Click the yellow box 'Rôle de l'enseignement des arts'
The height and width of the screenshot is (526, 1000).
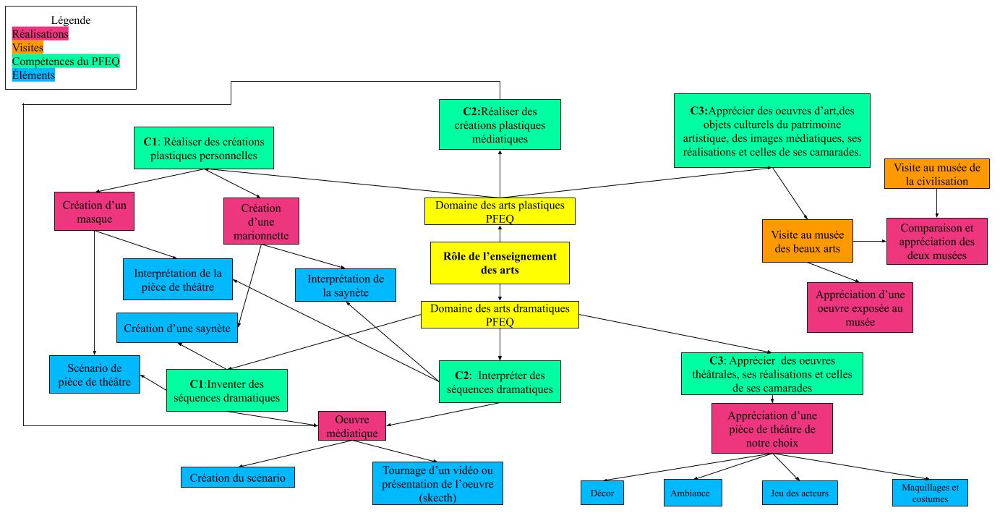[500, 263]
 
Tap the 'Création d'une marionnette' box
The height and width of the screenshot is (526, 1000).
[261, 220]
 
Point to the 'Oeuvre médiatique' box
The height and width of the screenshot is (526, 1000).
[352, 425]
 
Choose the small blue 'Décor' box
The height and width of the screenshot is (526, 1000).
[602, 493]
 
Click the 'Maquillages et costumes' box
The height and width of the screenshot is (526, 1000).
[930, 493]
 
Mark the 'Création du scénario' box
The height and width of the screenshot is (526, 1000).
[238, 477]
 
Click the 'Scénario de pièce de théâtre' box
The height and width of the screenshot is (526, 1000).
[95, 374]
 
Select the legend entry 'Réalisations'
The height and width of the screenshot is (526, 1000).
[40, 33]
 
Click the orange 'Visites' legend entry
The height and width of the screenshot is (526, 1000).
[28, 48]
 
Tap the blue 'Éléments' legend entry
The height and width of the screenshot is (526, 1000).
[34, 75]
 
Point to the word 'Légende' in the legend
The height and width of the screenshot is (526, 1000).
[71, 20]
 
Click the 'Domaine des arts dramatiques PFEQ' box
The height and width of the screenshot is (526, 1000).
[500, 315]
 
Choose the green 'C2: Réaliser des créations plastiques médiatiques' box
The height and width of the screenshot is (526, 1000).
[500, 124]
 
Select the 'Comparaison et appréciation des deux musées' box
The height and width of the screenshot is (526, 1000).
[937, 242]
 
